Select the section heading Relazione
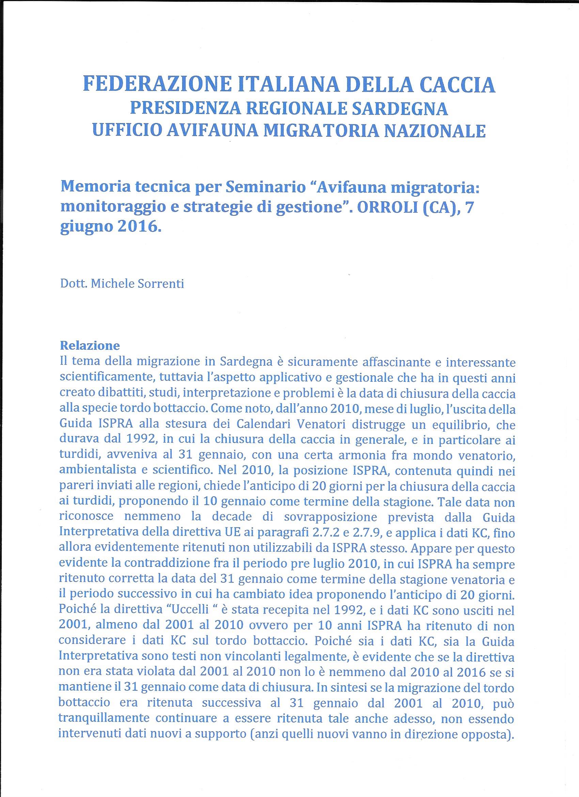[x=90, y=346]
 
